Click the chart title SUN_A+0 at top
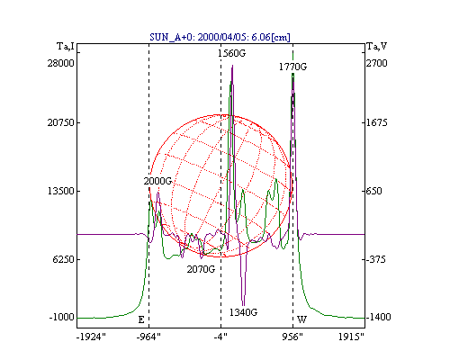coord(220,37)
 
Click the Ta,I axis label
coord(66,47)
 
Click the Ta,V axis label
coord(377,47)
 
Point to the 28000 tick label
coord(60,63)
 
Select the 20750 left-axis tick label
coord(60,122)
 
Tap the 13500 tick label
coord(61,191)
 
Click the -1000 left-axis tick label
coord(62,317)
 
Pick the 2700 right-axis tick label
coord(376,63)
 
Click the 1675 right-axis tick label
coord(376,122)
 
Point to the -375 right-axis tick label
coord(376,259)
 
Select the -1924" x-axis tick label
coord(91,337)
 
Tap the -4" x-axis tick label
coord(220,337)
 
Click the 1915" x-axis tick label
coord(351,337)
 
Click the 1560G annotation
coord(231,53)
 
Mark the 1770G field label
coord(292,67)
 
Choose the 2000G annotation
coord(157,181)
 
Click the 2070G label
coord(201,269)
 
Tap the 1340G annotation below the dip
coord(243,312)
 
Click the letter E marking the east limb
coord(141,319)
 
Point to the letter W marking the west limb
coord(301,319)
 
